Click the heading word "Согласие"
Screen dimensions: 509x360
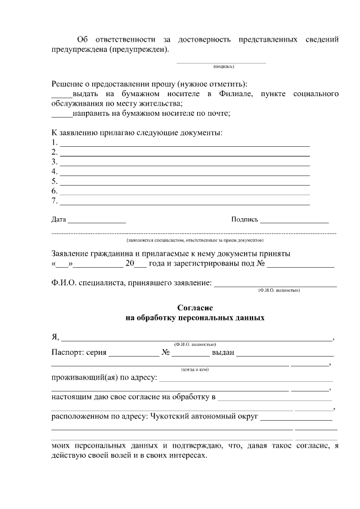coord(195,308)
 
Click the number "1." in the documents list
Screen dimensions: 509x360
coord(55,142)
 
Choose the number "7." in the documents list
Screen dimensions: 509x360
coord(55,201)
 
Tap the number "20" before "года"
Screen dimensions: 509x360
coord(130,263)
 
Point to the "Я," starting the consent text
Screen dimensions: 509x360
coord(55,337)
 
